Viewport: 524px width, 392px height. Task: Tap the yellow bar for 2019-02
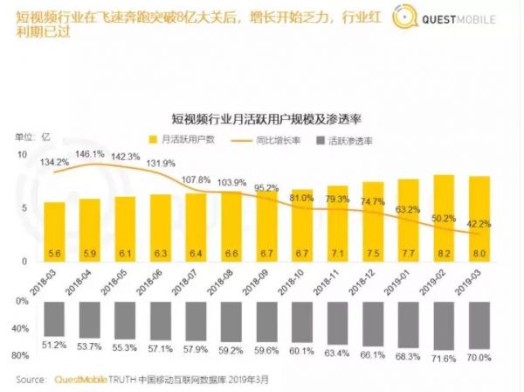(443, 219)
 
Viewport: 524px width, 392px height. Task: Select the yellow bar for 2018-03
(55, 232)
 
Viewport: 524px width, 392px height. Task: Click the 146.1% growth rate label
(90, 153)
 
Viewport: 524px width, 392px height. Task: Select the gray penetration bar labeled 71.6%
(443, 327)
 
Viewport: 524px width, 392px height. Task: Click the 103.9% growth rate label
(231, 182)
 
